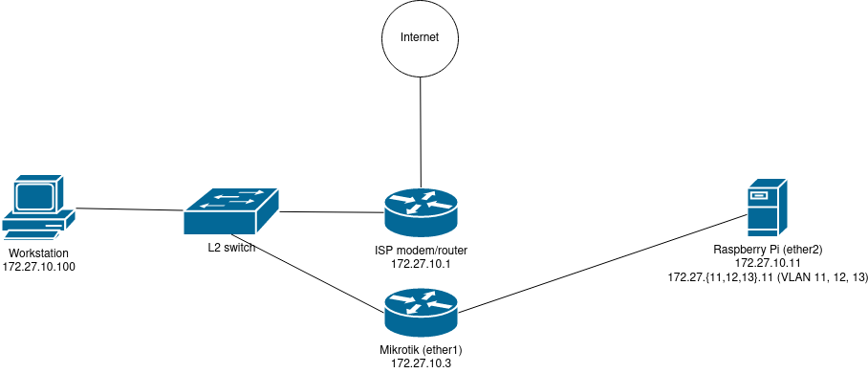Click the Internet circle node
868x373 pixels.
(x=420, y=39)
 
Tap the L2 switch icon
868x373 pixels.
(x=231, y=210)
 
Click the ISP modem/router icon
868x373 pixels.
(x=421, y=211)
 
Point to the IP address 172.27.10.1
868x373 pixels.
(x=421, y=263)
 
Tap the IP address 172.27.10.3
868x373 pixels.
(x=421, y=364)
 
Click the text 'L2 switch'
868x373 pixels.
(x=231, y=250)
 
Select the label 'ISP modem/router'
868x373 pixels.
(x=421, y=251)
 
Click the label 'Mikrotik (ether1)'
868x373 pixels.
(x=421, y=351)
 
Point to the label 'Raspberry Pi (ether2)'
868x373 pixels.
(x=767, y=250)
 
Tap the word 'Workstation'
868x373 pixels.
(x=39, y=252)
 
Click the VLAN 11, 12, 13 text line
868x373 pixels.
(x=767, y=276)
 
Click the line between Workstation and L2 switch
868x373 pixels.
(x=130, y=208)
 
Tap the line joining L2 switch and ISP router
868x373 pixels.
(x=330, y=212)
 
